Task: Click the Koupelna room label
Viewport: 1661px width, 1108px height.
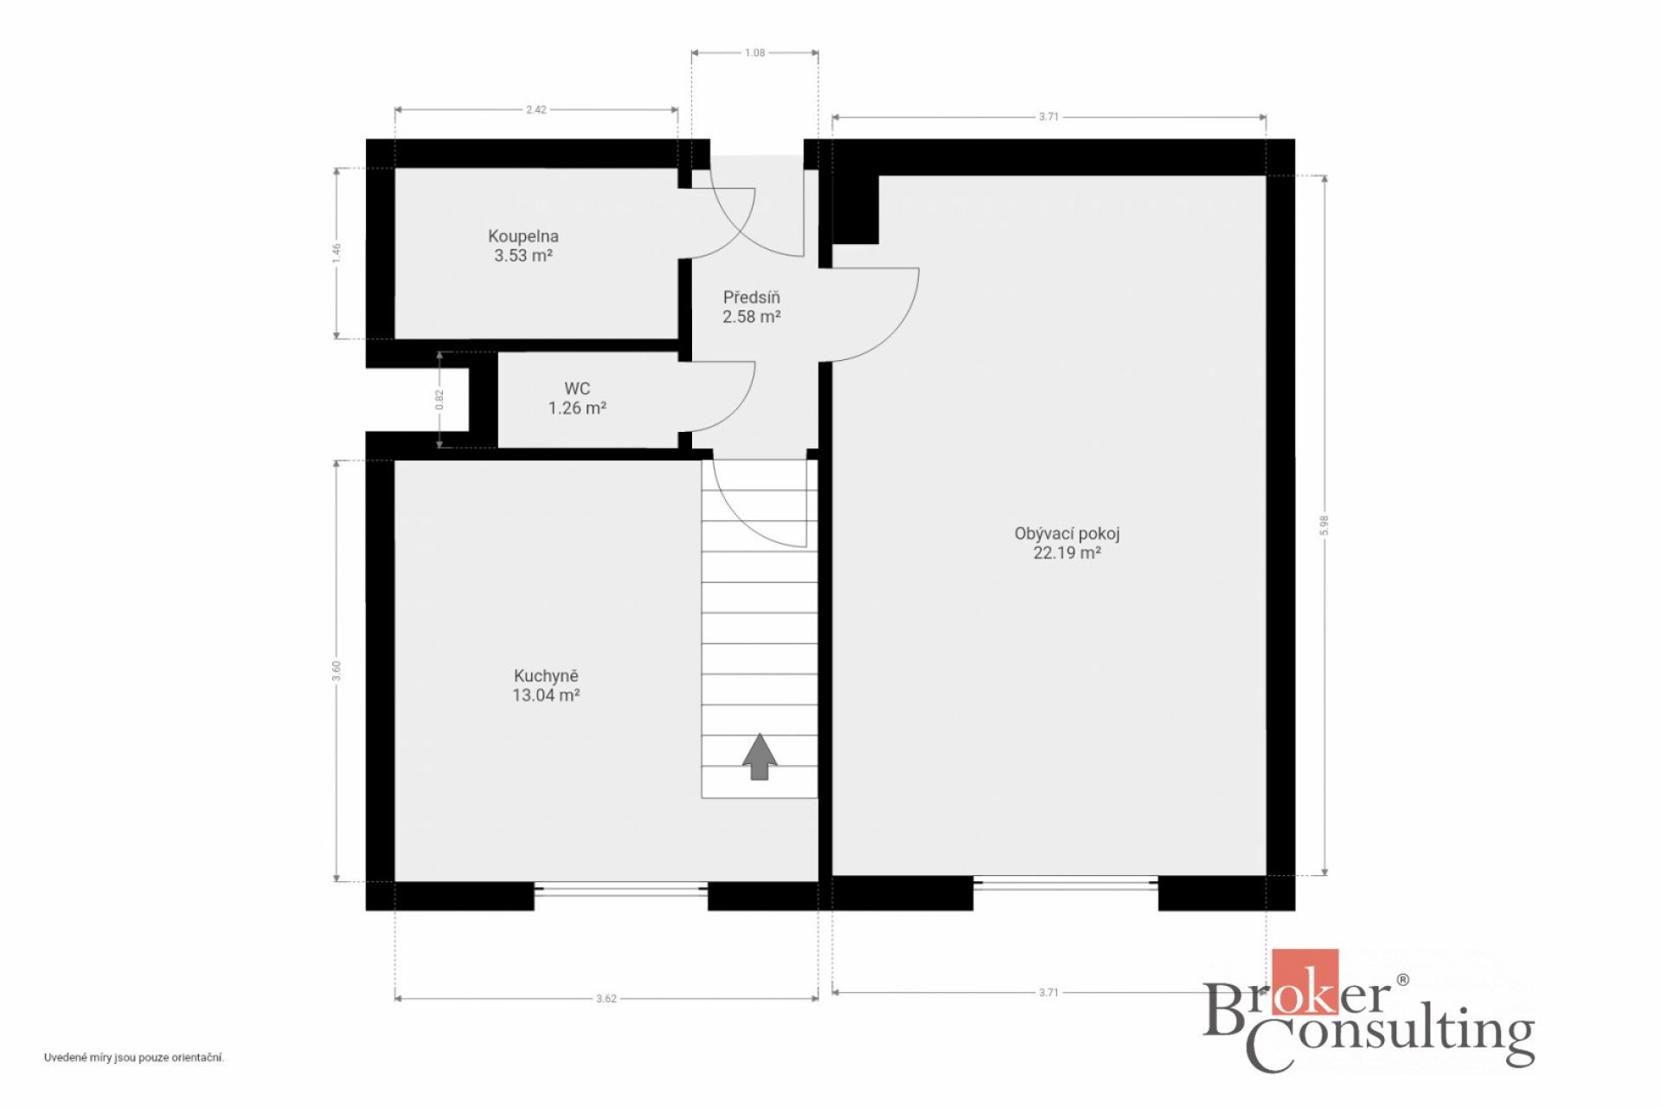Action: [x=523, y=235]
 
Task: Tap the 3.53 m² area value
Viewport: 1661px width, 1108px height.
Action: [x=523, y=255]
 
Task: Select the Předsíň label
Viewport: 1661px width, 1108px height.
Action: [x=751, y=297]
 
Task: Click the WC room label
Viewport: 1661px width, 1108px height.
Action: [x=577, y=389]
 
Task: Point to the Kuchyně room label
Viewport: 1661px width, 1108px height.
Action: [x=546, y=675]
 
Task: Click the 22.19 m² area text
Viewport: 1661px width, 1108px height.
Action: [x=1067, y=552]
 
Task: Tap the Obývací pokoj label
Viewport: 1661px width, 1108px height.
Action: [x=1067, y=533]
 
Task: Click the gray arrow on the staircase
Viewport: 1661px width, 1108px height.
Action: [x=760, y=757]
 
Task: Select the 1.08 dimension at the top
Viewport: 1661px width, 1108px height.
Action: [x=754, y=53]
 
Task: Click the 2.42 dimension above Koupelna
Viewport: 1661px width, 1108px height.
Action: [x=536, y=110]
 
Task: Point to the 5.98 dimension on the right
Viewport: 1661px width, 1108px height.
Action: [x=1324, y=525]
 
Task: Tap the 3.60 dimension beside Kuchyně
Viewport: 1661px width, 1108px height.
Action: [x=337, y=671]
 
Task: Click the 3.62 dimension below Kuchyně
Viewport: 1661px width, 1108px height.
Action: [x=606, y=999]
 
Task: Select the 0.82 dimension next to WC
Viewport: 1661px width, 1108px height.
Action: [x=439, y=399]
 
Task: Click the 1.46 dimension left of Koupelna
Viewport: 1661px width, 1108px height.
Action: [x=337, y=253]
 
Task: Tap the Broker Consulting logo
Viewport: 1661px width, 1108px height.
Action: [x=1369, y=1010]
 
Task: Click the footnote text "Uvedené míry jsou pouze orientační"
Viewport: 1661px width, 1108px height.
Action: [x=134, y=1058]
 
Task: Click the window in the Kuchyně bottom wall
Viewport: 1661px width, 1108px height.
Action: [x=621, y=888]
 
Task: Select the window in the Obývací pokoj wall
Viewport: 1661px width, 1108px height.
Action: [x=1066, y=883]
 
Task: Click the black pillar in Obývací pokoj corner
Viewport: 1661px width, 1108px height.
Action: [x=856, y=209]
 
